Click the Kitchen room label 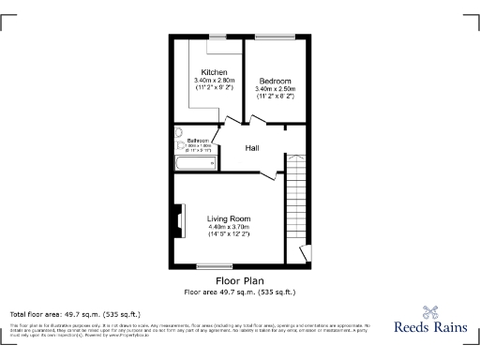pyautogui.click(x=215, y=72)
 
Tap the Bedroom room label pyautogui.click(x=275, y=81)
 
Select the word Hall pyautogui.click(x=253, y=148)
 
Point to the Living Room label pyautogui.click(x=229, y=218)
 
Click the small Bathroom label pyautogui.click(x=185, y=141)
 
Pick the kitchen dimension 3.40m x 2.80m pyautogui.click(x=215, y=81)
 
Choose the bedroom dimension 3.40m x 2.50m pyautogui.click(x=275, y=89)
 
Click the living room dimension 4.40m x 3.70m pyautogui.click(x=229, y=226)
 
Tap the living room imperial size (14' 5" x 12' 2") pyautogui.click(x=229, y=233)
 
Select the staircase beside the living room pyautogui.click(x=298, y=202)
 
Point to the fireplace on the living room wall pyautogui.click(x=175, y=219)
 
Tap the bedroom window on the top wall pyautogui.click(x=275, y=37)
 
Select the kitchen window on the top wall pyautogui.click(x=215, y=37)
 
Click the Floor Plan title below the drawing pyautogui.click(x=239, y=280)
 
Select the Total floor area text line pyautogui.click(x=75, y=313)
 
